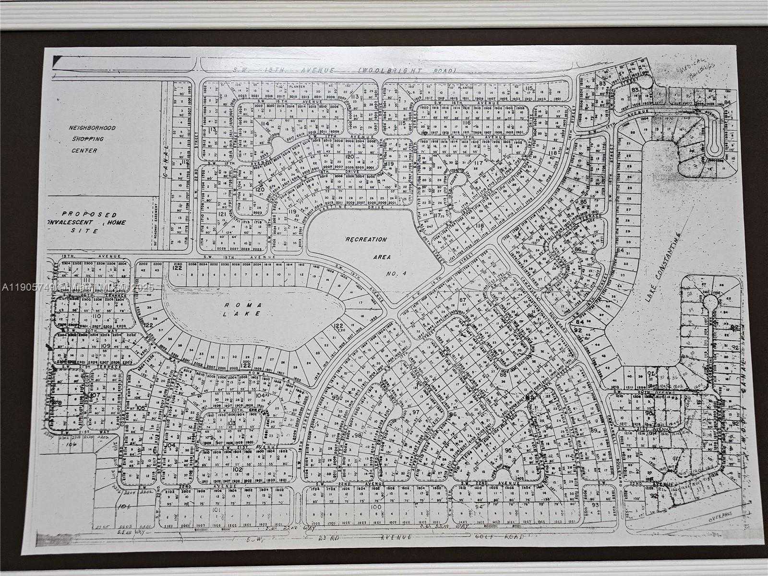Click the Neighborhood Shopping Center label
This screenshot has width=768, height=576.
[86, 139]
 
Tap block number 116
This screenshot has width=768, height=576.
[466, 123]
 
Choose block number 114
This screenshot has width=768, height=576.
[264, 123]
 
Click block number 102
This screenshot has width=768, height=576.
[237, 469]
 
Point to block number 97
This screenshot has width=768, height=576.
[416, 412]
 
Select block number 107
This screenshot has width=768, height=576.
[95, 395]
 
